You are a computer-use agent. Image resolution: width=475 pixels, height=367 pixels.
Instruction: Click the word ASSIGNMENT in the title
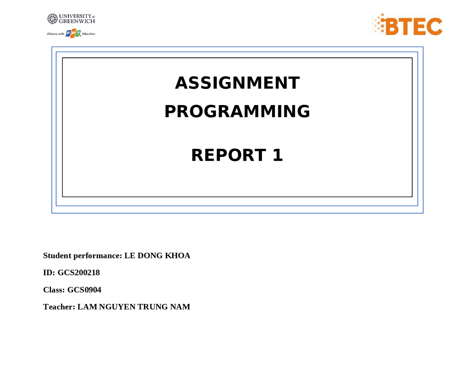click(x=237, y=83)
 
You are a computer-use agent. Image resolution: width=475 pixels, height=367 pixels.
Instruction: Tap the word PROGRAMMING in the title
click(x=237, y=111)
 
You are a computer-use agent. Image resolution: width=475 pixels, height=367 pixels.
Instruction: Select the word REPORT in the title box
click(x=228, y=155)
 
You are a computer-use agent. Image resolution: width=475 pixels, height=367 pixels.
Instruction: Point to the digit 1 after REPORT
click(x=278, y=155)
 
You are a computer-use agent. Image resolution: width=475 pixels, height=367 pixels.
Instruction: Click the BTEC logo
click(x=407, y=25)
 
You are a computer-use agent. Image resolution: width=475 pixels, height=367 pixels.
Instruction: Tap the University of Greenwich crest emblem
click(x=52, y=19)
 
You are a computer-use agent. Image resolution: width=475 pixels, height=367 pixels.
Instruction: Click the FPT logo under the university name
click(x=73, y=34)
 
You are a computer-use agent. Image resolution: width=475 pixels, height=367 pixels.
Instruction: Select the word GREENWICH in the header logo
click(x=77, y=22)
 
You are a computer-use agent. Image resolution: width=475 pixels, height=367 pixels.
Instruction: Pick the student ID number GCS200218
click(x=79, y=273)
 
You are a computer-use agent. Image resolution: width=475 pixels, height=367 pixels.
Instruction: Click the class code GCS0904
click(x=84, y=290)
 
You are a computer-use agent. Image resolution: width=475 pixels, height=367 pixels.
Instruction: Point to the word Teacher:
click(x=59, y=307)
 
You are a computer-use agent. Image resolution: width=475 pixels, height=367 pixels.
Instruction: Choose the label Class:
click(x=54, y=290)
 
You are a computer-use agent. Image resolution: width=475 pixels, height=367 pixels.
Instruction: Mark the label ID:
click(x=49, y=273)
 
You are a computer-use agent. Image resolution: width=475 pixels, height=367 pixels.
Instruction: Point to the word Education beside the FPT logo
click(x=89, y=34)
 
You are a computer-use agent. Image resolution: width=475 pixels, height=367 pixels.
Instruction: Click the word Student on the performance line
click(x=57, y=256)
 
